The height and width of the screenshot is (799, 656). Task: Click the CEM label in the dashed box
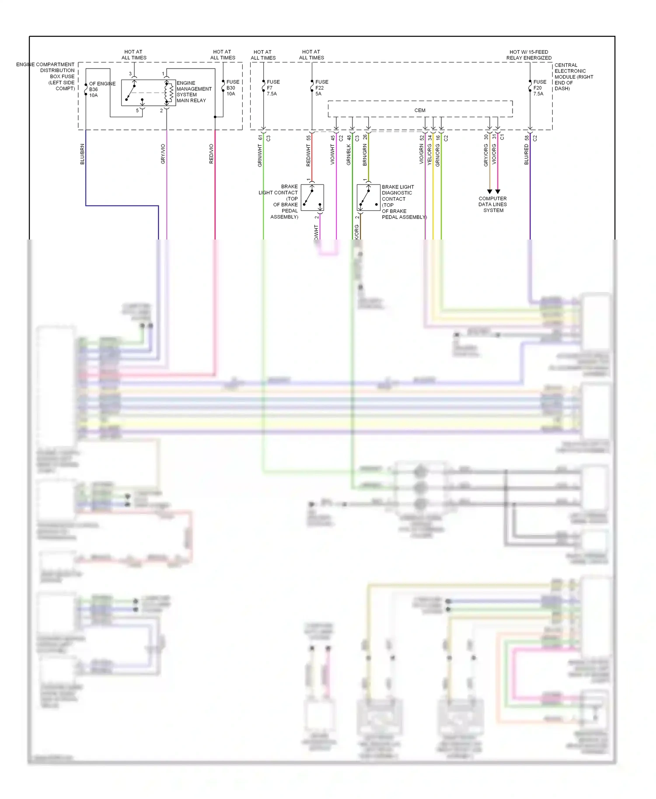(x=419, y=110)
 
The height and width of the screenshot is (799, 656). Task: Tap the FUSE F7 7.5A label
(x=272, y=88)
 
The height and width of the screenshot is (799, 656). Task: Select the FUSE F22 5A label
(x=321, y=88)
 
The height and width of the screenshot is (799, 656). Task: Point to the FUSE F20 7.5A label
(x=539, y=88)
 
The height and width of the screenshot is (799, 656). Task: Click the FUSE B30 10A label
(x=232, y=88)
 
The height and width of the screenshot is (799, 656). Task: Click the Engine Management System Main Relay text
(x=193, y=92)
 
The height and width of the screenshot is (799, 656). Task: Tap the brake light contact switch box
(x=312, y=198)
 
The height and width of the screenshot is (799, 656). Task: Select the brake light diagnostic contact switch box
(x=368, y=198)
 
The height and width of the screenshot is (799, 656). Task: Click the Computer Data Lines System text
(x=493, y=204)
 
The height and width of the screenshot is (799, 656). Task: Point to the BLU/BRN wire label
(x=82, y=154)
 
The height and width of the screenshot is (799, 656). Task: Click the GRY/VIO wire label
(x=163, y=154)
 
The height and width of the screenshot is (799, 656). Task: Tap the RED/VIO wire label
(x=211, y=154)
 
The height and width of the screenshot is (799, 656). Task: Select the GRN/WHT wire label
(x=260, y=156)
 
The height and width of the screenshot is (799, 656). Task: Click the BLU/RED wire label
(x=527, y=154)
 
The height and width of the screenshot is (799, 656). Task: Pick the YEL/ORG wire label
(x=429, y=154)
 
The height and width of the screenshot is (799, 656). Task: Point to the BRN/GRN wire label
(x=365, y=155)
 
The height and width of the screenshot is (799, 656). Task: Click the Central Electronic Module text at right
(x=573, y=76)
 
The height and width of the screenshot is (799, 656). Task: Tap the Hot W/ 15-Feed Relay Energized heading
(x=529, y=55)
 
